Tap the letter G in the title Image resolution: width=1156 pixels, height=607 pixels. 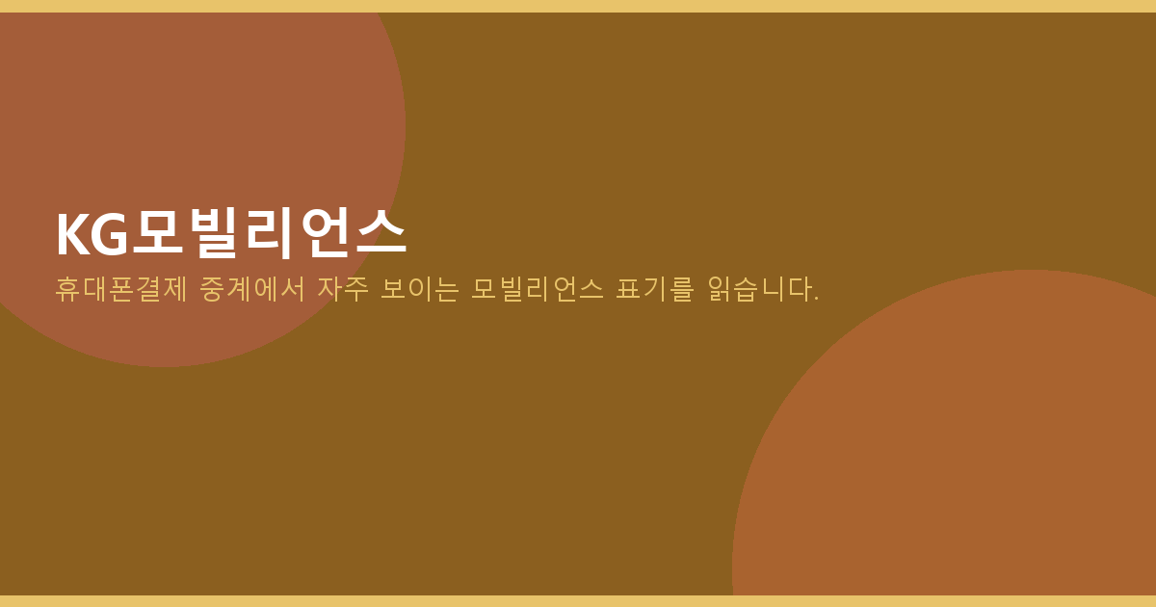coord(111,234)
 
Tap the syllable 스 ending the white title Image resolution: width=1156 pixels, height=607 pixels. coord(381,232)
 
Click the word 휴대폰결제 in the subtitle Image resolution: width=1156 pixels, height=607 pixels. coord(120,289)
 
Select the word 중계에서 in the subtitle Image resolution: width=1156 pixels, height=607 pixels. coord(252,289)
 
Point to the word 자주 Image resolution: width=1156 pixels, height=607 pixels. coord(343,289)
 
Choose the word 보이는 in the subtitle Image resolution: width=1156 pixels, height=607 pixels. coord(420,289)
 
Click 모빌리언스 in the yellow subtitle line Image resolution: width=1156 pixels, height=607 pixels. coord(538,289)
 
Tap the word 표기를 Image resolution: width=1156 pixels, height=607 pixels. coord(655,289)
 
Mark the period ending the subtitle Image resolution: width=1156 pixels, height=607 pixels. coord(816,298)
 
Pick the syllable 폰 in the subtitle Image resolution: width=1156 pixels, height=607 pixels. coord(120,289)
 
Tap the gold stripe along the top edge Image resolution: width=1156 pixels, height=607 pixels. coord(578,6)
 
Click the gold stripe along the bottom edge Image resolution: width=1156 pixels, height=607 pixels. coord(578,601)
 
